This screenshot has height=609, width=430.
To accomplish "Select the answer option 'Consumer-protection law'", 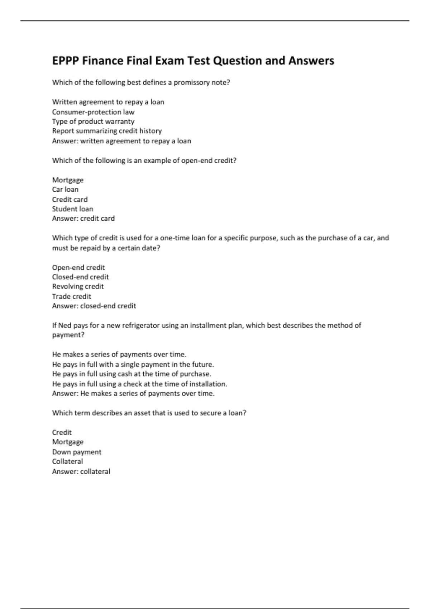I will pos(93,112).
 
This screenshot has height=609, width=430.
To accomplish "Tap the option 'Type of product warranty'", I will pos(93,121).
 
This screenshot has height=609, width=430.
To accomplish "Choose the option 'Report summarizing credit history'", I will pos(107,131).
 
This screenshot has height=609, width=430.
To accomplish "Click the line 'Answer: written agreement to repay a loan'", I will pos(121,141).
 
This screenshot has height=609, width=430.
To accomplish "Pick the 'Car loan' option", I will pos(65,190).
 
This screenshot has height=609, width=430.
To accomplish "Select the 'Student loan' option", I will pos(72,209).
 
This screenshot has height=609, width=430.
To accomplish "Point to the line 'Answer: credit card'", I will pos(83,219).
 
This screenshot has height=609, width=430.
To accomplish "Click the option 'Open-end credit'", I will pos(78,268).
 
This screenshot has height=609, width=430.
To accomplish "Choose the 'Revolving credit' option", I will pos(78,287).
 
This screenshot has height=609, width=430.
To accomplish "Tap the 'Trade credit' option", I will pos(72,296).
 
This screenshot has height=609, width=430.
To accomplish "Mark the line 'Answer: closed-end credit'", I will pos(94,306).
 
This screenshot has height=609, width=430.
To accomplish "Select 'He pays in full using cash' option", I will pos(132,374).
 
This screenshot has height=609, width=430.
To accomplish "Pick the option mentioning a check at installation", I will pos(139,384).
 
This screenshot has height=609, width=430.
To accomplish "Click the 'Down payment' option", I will pos(77,452).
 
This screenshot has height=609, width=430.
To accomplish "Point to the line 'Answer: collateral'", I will pos(81,471).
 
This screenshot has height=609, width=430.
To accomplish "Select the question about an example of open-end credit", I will pos(144,160).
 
